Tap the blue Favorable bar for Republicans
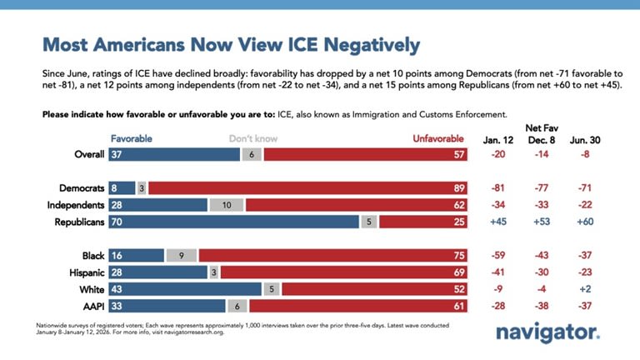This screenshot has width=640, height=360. tap(233, 222)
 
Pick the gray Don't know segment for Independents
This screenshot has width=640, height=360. tap(227, 205)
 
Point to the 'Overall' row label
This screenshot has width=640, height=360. tap(88, 155)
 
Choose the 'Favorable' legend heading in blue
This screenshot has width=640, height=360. tap(132, 139)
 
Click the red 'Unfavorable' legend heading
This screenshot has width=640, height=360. tap(438, 139)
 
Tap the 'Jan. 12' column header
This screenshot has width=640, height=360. tap(499, 139)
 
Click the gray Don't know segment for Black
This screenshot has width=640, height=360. tap(181, 256)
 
